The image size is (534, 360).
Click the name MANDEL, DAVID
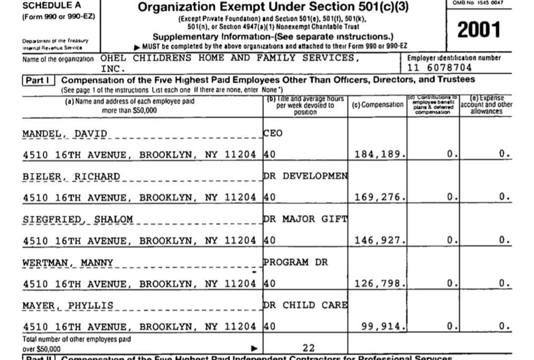click(64, 134)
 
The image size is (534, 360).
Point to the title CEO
click(273, 134)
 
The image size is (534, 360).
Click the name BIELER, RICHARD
click(71, 176)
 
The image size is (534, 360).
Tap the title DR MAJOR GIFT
click(305, 219)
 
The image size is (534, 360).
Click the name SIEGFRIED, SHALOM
click(77, 219)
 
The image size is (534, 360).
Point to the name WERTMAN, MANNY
click(68, 262)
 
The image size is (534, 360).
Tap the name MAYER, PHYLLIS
click(68, 305)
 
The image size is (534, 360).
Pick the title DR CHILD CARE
click(305, 305)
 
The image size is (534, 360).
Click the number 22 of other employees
click(309, 348)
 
